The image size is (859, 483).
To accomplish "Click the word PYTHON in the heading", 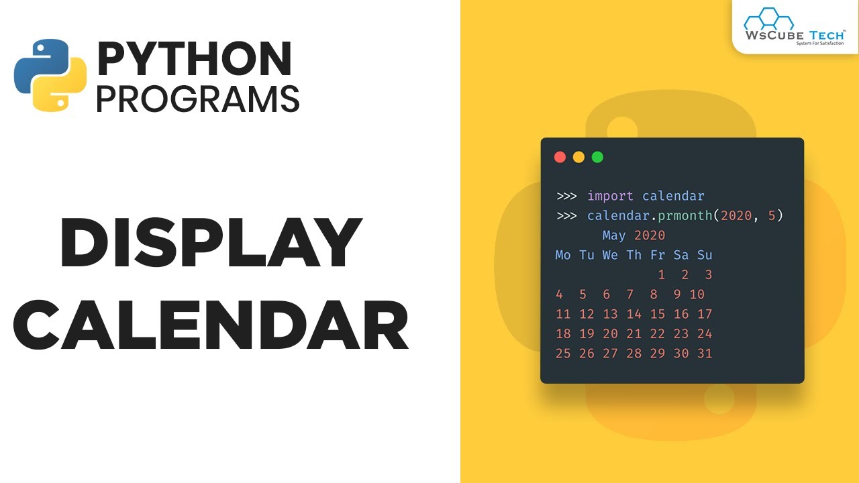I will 195,59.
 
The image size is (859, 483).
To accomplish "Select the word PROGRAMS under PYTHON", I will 197,99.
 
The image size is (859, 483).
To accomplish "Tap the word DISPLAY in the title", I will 211,243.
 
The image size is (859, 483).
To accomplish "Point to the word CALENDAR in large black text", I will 211,327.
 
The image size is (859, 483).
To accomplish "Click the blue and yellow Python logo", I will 50,75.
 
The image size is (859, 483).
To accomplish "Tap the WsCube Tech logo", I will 793,26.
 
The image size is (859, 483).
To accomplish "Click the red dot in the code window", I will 560,157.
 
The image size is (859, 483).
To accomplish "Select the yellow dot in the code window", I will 578,157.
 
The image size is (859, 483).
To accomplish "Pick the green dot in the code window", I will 597,157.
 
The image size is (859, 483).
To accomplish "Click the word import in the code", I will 610,196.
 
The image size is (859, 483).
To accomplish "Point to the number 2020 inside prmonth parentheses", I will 736,216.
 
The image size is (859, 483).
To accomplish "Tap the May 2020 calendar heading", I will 634,235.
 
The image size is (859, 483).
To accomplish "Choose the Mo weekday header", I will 563,255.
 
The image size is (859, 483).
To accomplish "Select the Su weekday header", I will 705,255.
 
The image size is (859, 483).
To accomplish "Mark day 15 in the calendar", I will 658,314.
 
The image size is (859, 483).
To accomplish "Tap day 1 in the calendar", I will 662,274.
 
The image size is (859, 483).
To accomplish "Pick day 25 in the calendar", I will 563,354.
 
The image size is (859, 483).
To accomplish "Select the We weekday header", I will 610,255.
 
